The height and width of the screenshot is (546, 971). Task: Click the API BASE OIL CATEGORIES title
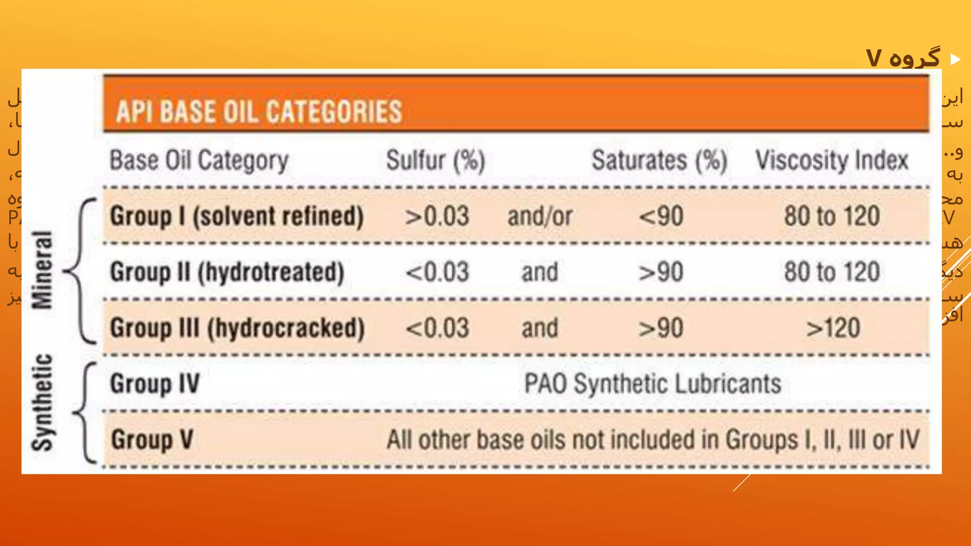point(259,112)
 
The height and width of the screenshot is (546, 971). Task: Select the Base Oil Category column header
point(199,160)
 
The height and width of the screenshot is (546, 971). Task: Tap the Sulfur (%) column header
point(435,160)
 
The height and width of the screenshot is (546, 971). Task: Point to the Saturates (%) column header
point(659,160)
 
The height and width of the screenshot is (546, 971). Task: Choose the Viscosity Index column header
point(832,160)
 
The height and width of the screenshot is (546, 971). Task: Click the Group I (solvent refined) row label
point(237,217)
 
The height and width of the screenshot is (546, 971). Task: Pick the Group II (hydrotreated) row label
point(227,273)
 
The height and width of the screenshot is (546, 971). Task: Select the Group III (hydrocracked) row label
point(237,328)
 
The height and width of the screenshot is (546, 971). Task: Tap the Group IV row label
point(155,383)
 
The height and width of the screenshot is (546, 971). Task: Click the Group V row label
point(152,440)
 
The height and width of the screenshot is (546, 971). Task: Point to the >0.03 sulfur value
point(437,217)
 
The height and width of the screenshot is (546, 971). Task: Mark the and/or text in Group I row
point(540,217)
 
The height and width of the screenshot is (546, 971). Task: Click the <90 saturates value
point(661,217)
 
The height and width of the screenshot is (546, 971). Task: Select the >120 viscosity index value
point(833,328)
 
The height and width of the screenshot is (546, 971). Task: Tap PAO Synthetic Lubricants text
point(652,383)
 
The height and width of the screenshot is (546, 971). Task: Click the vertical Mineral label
point(42,270)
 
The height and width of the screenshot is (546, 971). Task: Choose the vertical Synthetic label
point(42,402)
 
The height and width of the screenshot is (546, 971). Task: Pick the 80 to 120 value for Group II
point(832,273)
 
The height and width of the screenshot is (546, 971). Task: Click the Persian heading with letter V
point(903,58)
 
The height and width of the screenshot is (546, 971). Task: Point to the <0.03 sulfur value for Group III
point(437,328)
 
